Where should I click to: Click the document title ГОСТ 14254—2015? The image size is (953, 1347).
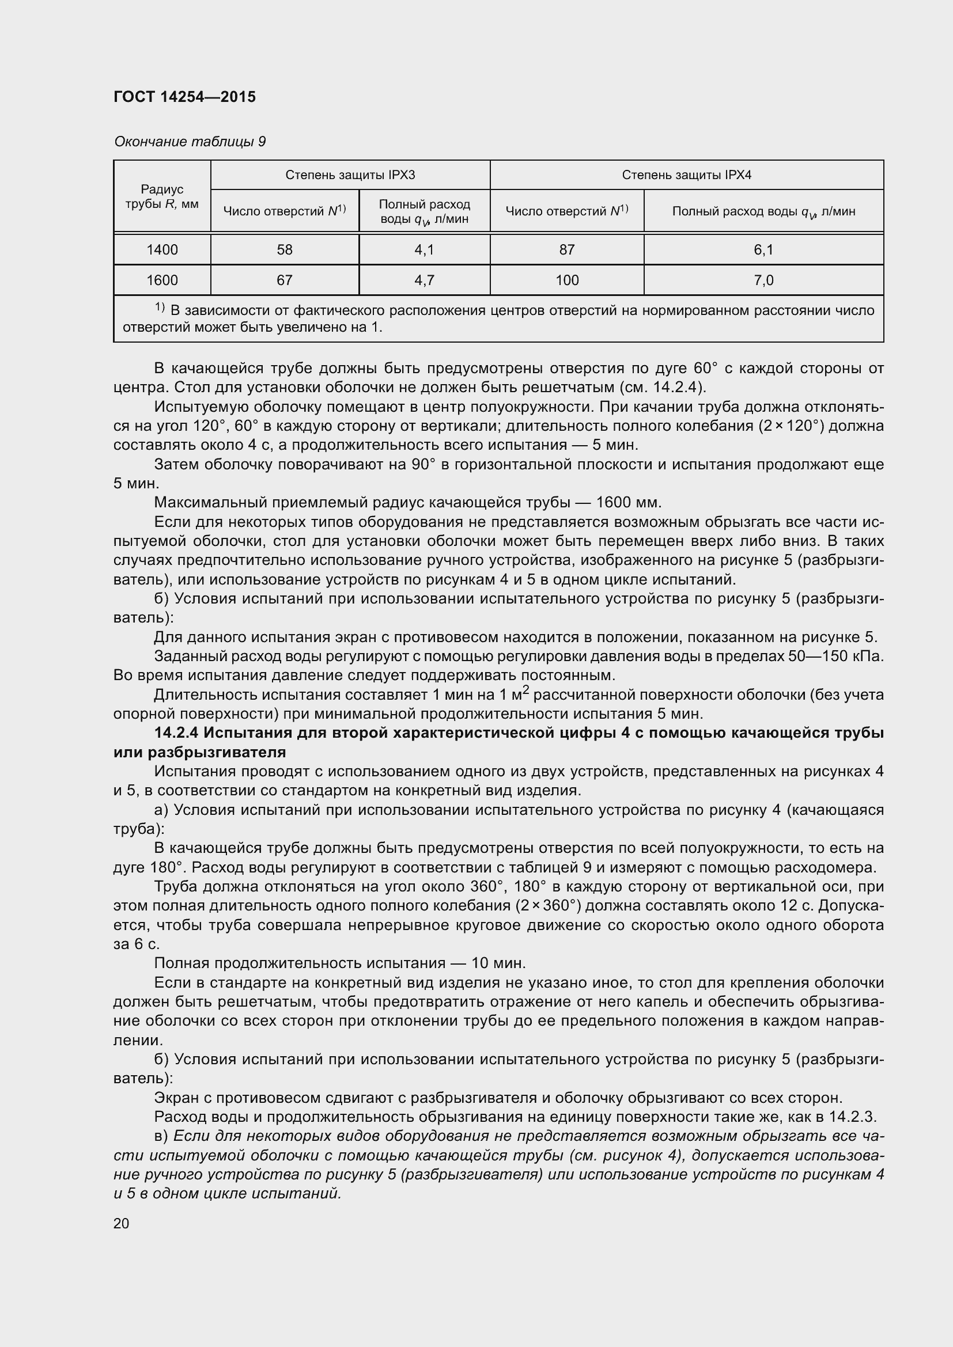coord(184,97)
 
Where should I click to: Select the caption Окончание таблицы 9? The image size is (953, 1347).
coord(190,142)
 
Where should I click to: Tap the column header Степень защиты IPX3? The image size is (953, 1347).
coord(350,175)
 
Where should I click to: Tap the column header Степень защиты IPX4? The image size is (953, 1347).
coord(686,175)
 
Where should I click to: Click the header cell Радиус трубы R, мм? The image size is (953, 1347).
coord(162,196)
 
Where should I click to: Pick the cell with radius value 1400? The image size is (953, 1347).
coord(162,250)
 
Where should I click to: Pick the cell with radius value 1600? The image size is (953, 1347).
coord(162,280)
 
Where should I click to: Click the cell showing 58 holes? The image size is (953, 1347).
coord(285,250)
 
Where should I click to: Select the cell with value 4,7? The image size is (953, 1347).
coord(424,280)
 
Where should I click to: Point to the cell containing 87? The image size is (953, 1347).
coord(567,250)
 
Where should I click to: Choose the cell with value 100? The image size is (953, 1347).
coord(567,280)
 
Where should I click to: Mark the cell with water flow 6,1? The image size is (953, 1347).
coord(763,250)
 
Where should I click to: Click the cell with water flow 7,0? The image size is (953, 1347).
coord(763,280)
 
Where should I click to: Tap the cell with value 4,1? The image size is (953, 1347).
coord(424,250)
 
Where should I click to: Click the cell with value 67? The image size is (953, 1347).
coord(285,280)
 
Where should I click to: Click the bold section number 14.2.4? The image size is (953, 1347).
coord(176,733)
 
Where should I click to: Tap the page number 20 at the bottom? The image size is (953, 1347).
coord(122,1223)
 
